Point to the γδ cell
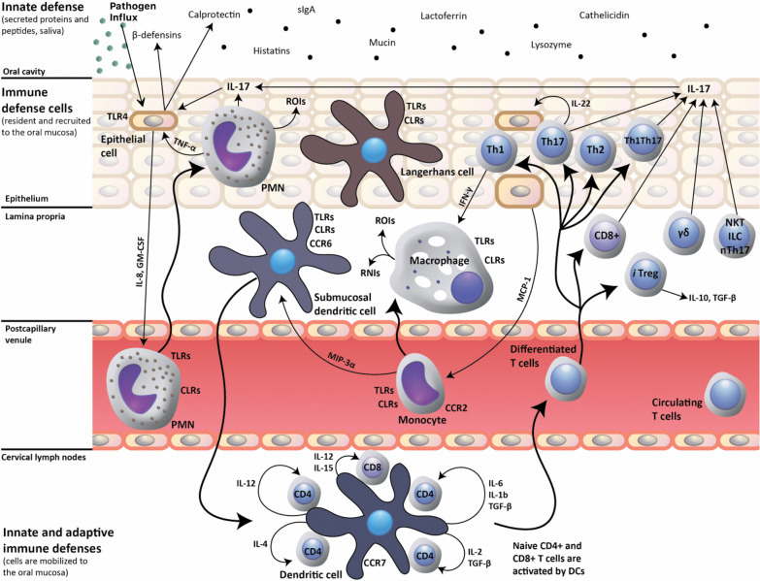(x=679, y=233)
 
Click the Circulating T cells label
(x=677, y=408)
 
